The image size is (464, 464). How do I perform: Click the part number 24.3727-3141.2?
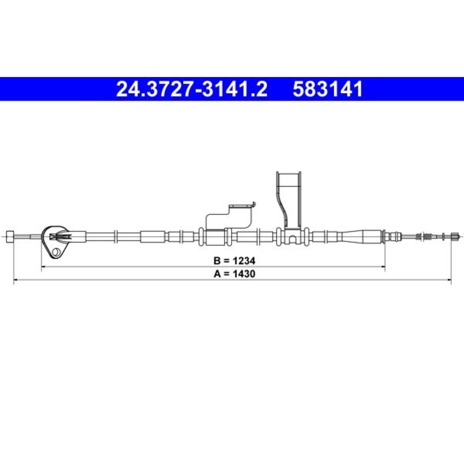pyautogui.click(x=192, y=89)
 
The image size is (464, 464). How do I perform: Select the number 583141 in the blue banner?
pyautogui.click(x=328, y=89)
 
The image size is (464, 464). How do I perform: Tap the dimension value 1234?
pyautogui.click(x=244, y=261)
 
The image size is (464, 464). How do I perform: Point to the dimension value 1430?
pyautogui.click(x=244, y=274)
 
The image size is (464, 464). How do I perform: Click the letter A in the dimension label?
pyautogui.click(x=218, y=274)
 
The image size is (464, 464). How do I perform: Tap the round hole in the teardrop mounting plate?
pyautogui.click(x=56, y=252)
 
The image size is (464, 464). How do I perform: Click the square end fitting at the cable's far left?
pyautogui.click(x=10, y=237)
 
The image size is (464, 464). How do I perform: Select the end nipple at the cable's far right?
pyautogui.click(x=454, y=236)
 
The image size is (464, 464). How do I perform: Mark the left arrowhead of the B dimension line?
pyautogui.click(x=43, y=267)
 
